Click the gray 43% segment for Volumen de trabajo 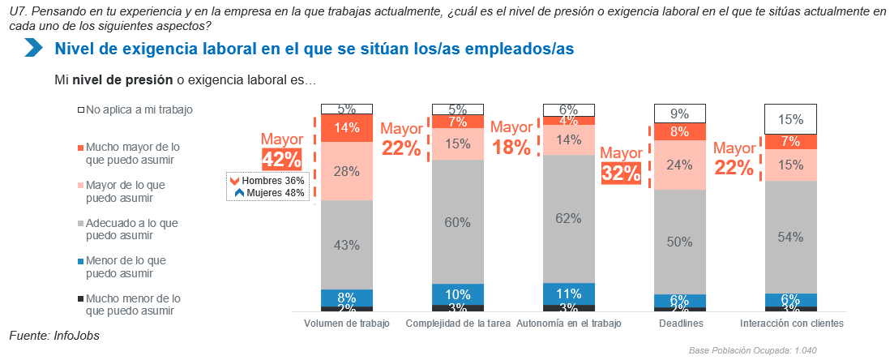pyautogui.click(x=347, y=244)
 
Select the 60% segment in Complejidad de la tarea pyautogui.click(x=458, y=221)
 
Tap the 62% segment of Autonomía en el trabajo pyautogui.click(x=569, y=218)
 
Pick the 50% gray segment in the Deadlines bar pyautogui.click(x=680, y=242)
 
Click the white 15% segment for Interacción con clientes pyautogui.click(x=791, y=119)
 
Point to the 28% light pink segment pyautogui.click(x=347, y=170)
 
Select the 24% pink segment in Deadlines pyautogui.click(x=680, y=165)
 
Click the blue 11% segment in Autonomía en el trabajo pyautogui.click(x=569, y=294)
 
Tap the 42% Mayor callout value pyautogui.click(x=281, y=159)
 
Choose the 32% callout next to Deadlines pyautogui.click(x=621, y=173)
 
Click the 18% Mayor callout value pyautogui.click(x=511, y=147)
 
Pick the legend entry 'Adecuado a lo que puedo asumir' pyautogui.click(x=131, y=229)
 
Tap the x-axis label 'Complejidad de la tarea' pyautogui.click(x=458, y=324)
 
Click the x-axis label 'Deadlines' pyautogui.click(x=680, y=324)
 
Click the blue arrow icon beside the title pyautogui.click(x=33, y=48)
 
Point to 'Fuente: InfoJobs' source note pyautogui.click(x=54, y=334)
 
